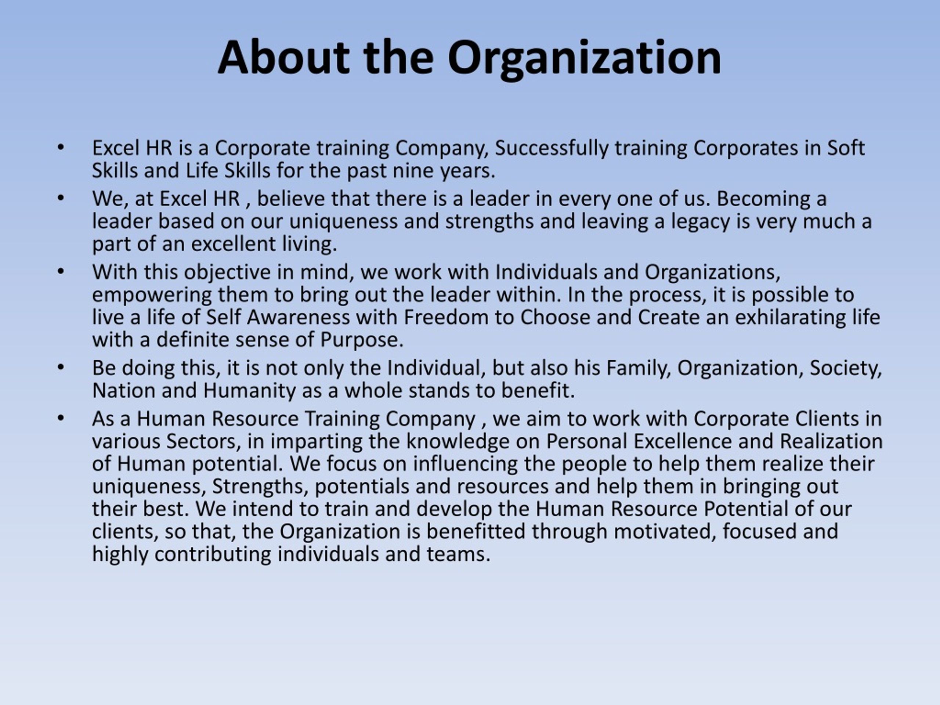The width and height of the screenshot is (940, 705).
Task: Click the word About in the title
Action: point(283,57)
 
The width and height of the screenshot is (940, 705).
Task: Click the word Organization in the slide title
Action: point(584,59)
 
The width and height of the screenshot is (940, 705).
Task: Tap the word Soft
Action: point(846,148)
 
